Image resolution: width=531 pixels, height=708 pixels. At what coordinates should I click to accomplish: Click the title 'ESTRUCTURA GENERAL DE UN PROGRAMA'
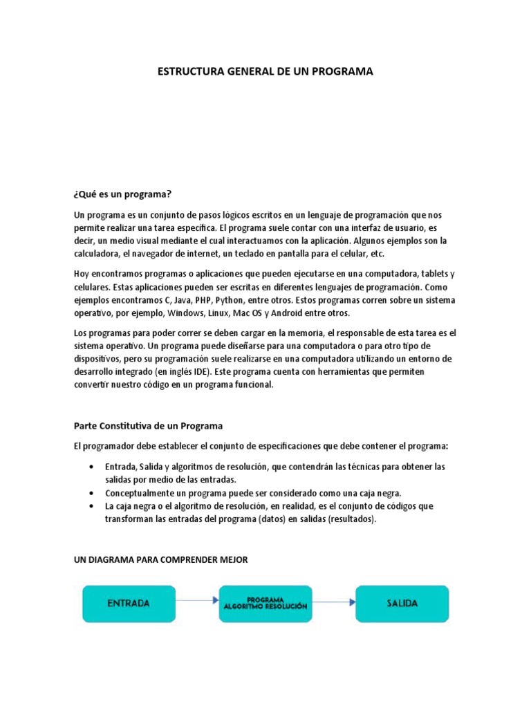[x=265, y=72]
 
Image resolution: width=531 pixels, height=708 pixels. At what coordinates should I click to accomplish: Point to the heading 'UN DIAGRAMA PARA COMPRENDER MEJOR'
[x=160, y=561]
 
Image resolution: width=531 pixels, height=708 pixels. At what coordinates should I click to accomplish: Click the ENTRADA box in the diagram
[x=129, y=603]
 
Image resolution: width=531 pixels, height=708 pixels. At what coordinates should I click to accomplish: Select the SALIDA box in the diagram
[x=402, y=603]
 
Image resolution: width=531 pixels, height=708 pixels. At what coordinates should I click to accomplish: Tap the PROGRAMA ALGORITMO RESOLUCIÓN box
[x=265, y=603]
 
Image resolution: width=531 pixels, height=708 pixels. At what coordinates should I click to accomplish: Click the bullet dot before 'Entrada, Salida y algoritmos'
[x=92, y=467]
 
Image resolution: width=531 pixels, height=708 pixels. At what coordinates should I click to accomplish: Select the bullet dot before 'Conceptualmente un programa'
[x=92, y=493]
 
